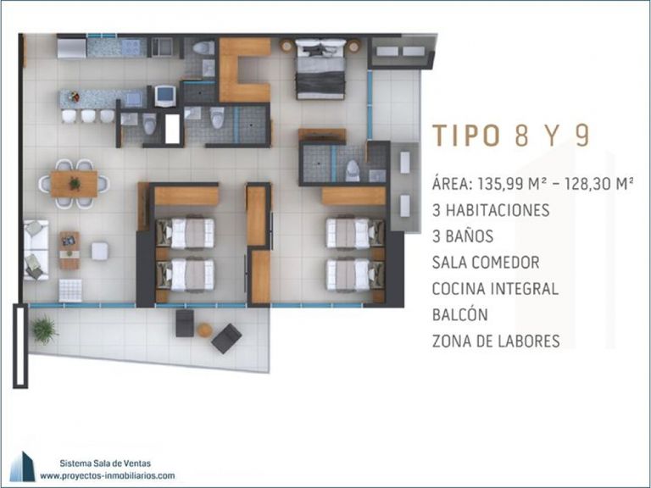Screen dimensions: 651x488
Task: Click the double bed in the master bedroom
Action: tap(320, 69)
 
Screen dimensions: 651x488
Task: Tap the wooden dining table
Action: tap(74, 184)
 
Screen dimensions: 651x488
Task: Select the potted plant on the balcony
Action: tap(43, 330)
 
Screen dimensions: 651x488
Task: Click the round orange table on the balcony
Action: tap(204, 330)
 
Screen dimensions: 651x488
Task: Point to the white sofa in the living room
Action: tap(36, 250)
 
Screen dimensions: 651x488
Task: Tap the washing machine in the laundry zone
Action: tap(165, 96)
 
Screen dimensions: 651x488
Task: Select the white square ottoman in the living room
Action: tap(100, 252)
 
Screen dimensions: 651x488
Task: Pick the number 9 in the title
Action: tap(582, 136)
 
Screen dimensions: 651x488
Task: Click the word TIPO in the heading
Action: tap(465, 136)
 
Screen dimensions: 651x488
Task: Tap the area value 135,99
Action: tap(502, 183)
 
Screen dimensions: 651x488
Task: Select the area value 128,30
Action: tap(587, 183)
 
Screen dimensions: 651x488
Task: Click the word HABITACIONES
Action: tap(498, 210)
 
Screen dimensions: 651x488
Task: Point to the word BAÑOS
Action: tap(469, 236)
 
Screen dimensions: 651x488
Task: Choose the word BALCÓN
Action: tap(460, 314)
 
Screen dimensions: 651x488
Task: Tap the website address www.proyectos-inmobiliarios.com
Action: tap(108, 476)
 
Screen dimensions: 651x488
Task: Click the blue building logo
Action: tap(23, 467)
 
